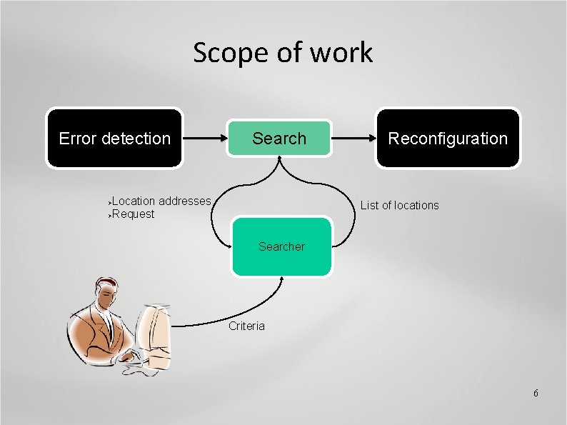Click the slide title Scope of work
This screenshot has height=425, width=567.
click(x=283, y=52)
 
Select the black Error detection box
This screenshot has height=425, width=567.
click(x=114, y=138)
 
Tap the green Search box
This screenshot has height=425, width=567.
click(x=279, y=138)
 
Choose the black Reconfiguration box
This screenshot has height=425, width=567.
click(x=448, y=138)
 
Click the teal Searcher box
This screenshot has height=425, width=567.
click(x=282, y=246)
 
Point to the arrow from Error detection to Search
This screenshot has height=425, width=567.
click(x=204, y=139)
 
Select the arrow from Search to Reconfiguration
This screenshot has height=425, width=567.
click(x=353, y=139)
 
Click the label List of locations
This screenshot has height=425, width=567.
click(x=399, y=206)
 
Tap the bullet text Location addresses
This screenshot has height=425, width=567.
click(x=161, y=201)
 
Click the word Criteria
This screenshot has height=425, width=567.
click(x=246, y=326)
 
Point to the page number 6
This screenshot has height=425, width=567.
click(x=536, y=394)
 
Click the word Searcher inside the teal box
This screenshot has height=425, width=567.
click(x=281, y=246)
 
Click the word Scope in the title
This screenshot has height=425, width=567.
click(x=227, y=52)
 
